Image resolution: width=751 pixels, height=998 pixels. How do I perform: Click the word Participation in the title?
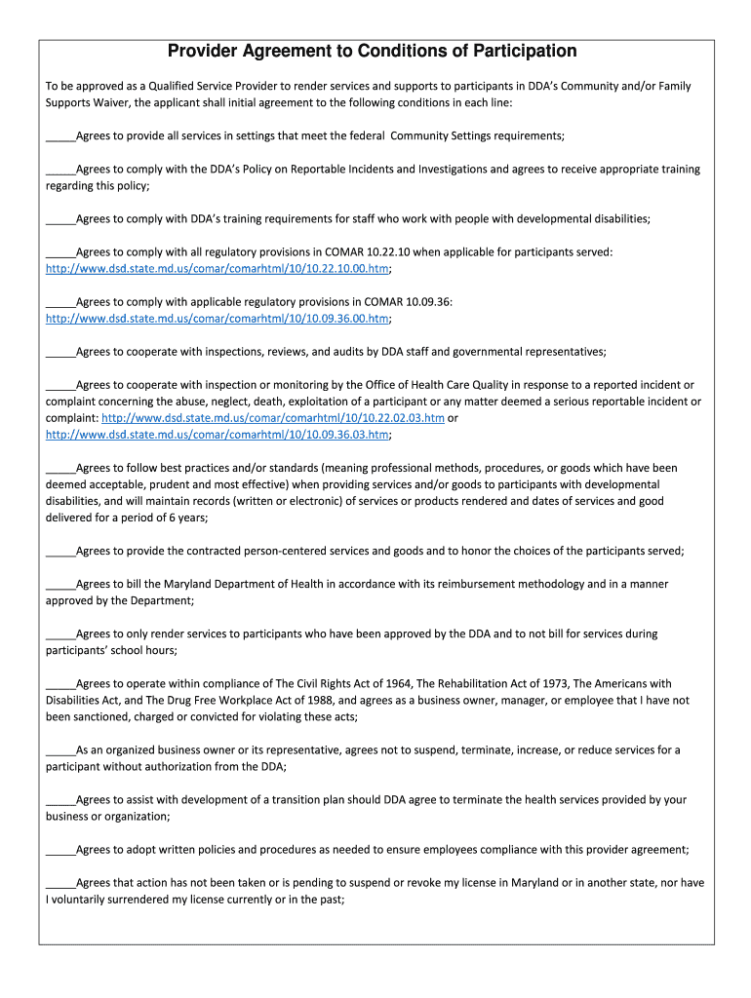pyautogui.click(x=517, y=51)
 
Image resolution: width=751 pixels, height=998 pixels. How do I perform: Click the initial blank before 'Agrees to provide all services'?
pyautogui.click(x=60, y=136)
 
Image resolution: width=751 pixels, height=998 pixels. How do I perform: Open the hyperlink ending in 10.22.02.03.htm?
pyautogui.click(x=279, y=417)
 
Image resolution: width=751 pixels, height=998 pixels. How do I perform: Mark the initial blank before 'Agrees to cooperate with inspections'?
pyautogui.click(x=60, y=352)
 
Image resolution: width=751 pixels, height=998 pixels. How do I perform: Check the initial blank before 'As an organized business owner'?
pyautogui.click(x=60, y=750)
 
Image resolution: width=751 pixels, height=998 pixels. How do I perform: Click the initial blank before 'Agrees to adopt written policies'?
pyautogui.click(x=60, y=850)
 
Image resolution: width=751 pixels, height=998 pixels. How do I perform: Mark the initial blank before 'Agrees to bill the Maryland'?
pyautogui.click(x=60, y=585)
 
